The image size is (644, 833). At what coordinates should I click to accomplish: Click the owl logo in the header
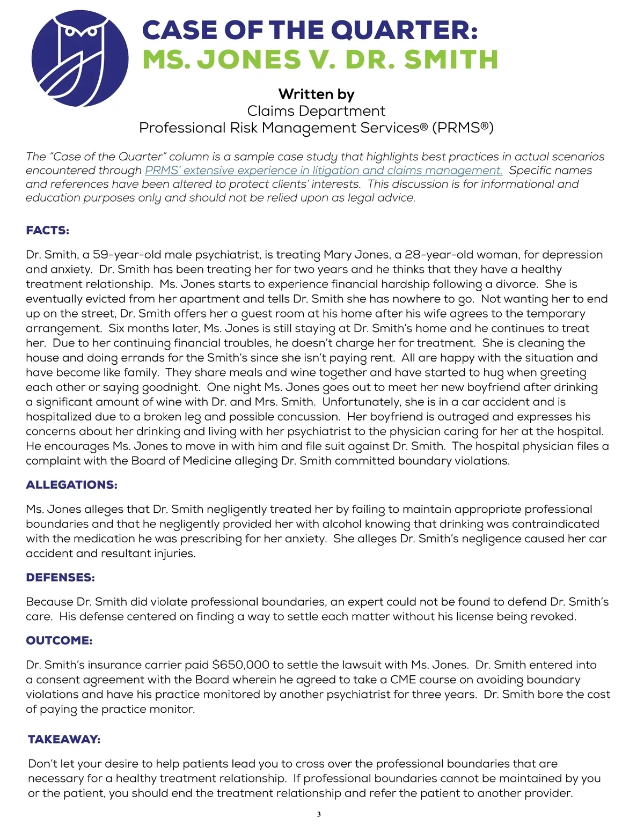(79, 58)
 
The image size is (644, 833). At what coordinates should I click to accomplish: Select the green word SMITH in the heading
(451, 59)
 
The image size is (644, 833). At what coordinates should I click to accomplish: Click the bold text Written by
(316, 94)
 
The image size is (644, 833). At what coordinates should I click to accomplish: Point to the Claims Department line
(316, 111)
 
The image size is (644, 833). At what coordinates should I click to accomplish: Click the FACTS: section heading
(48, 231)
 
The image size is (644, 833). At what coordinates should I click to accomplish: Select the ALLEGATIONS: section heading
(71, 485)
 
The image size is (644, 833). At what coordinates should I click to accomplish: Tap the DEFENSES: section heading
(60, 578)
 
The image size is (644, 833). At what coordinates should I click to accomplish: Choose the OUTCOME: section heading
(59, 640)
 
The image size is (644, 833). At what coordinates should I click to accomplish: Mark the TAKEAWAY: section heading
(64, 740)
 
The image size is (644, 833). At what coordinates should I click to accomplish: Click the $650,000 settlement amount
(240, 665)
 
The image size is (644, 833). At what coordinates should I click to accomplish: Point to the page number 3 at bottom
(319, 814)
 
